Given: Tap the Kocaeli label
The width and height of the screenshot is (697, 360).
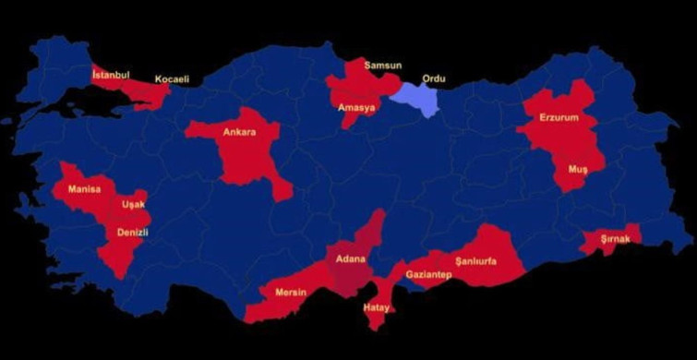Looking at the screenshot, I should (172, 79).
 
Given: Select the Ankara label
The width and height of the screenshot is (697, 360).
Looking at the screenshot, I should (239, 132).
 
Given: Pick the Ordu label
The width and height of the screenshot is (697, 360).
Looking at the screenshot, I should (433, 79).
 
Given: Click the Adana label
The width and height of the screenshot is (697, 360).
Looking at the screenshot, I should (351, 258).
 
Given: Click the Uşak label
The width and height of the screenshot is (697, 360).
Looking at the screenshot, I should (134, 205).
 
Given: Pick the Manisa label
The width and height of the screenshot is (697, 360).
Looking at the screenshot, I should (84, 190).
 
